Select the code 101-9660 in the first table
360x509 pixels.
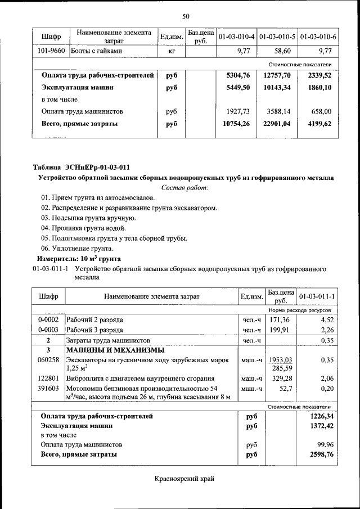pos(51,51)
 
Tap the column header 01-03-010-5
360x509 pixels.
pos(277,37)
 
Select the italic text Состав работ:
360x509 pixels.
pos(185,187)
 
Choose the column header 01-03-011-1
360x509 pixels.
pos(317,296)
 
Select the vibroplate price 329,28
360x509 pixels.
pos(282,378)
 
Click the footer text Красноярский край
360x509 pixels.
pos(185,479)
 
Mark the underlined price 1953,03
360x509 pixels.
pos(280,359)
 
